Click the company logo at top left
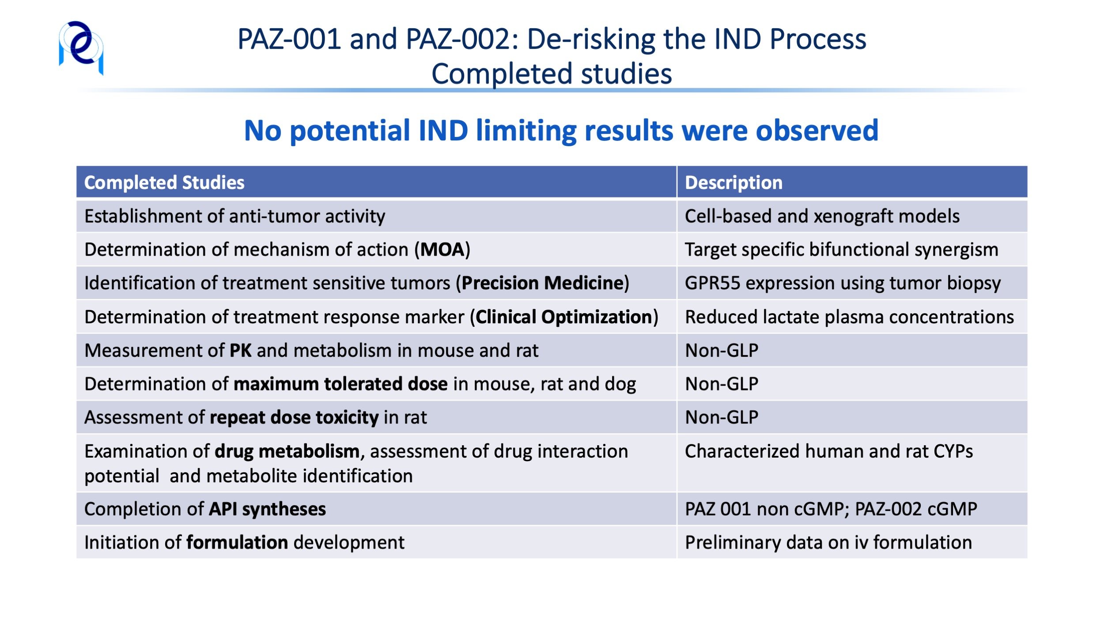pos(81,48)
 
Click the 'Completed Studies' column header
pos(164,182)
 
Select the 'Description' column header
pos(733,182)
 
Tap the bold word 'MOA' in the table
pos(442,250)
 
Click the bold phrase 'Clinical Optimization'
pos(564,317)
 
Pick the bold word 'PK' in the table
pos(241,350)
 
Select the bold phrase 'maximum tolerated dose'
pos(340,384)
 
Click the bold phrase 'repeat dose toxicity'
pos(294,417)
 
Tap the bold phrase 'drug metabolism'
pos(287,451)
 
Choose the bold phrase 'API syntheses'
pos(267,509)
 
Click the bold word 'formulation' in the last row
pos(237,542)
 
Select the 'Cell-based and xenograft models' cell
pos(822,216)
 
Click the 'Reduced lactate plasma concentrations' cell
pos(849,317)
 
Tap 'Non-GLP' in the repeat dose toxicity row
pos(722,417)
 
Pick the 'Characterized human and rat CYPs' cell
pos(829,451)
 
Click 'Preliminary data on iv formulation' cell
pos(828,542)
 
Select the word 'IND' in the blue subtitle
pos(443,130)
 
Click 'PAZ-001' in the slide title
pos(289,39)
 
